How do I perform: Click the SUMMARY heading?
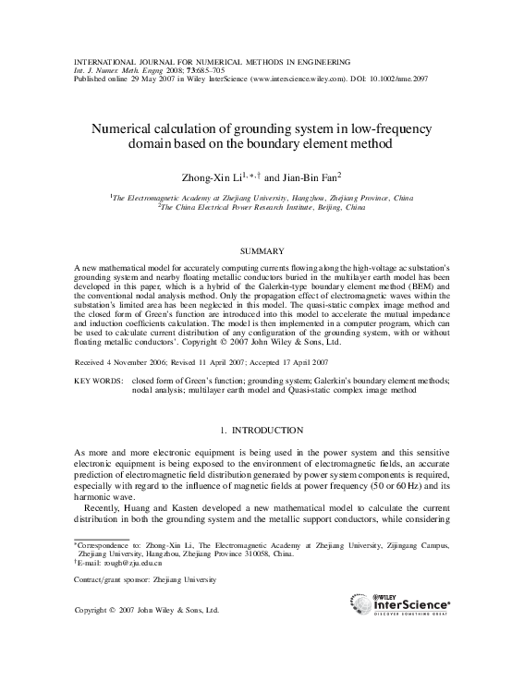262,250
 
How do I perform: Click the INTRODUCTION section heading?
262,431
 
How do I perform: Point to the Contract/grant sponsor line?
143,579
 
